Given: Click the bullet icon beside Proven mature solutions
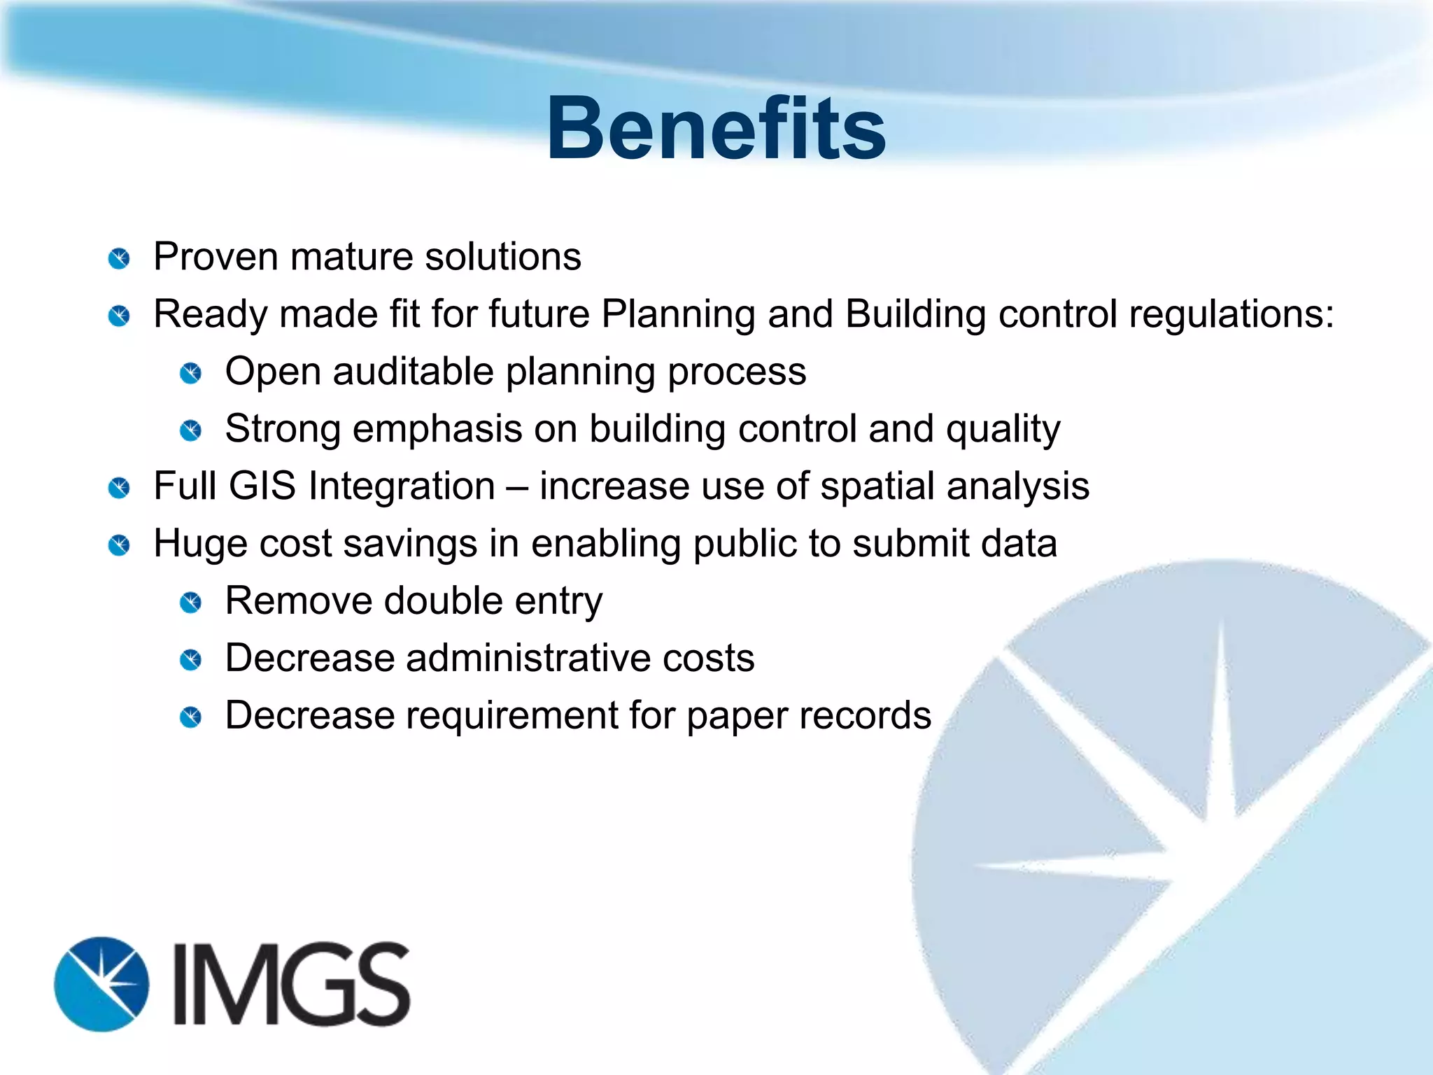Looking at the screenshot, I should click(x=120, y=259).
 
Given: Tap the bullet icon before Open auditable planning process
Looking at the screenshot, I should click(x=191, y=374).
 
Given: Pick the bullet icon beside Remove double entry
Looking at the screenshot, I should click(x=191, y=603).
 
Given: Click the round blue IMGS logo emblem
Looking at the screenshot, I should click(x=102, y=984).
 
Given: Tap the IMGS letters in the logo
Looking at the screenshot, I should click(x=290, y=984).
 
